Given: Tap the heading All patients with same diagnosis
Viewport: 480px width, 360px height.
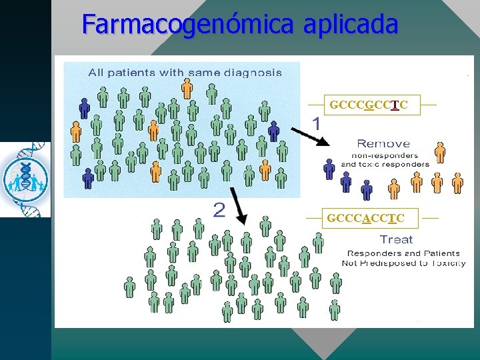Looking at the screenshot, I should (x=185, y=72).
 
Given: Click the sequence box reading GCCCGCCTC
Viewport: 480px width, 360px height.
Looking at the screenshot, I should (x=369, y=105).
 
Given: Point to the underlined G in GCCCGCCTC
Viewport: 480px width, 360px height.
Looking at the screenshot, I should (x=369, y=105).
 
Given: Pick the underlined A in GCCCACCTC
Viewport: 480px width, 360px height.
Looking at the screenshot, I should (x=366, y=218).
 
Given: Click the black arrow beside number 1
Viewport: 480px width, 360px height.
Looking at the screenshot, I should (x=309, y=137).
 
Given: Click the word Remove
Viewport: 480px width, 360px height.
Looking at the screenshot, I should (x=383, y=143).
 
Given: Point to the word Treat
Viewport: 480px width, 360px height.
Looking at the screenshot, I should (x=396, y=239).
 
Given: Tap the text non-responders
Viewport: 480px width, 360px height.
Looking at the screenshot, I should (x=385, y=155).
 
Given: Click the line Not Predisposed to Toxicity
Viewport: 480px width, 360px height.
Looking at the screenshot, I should (x=403, y=263).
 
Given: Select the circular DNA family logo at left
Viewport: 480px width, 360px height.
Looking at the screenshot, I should (x=25, y=179).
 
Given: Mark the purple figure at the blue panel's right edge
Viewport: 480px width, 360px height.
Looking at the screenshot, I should (x=273, y=131).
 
